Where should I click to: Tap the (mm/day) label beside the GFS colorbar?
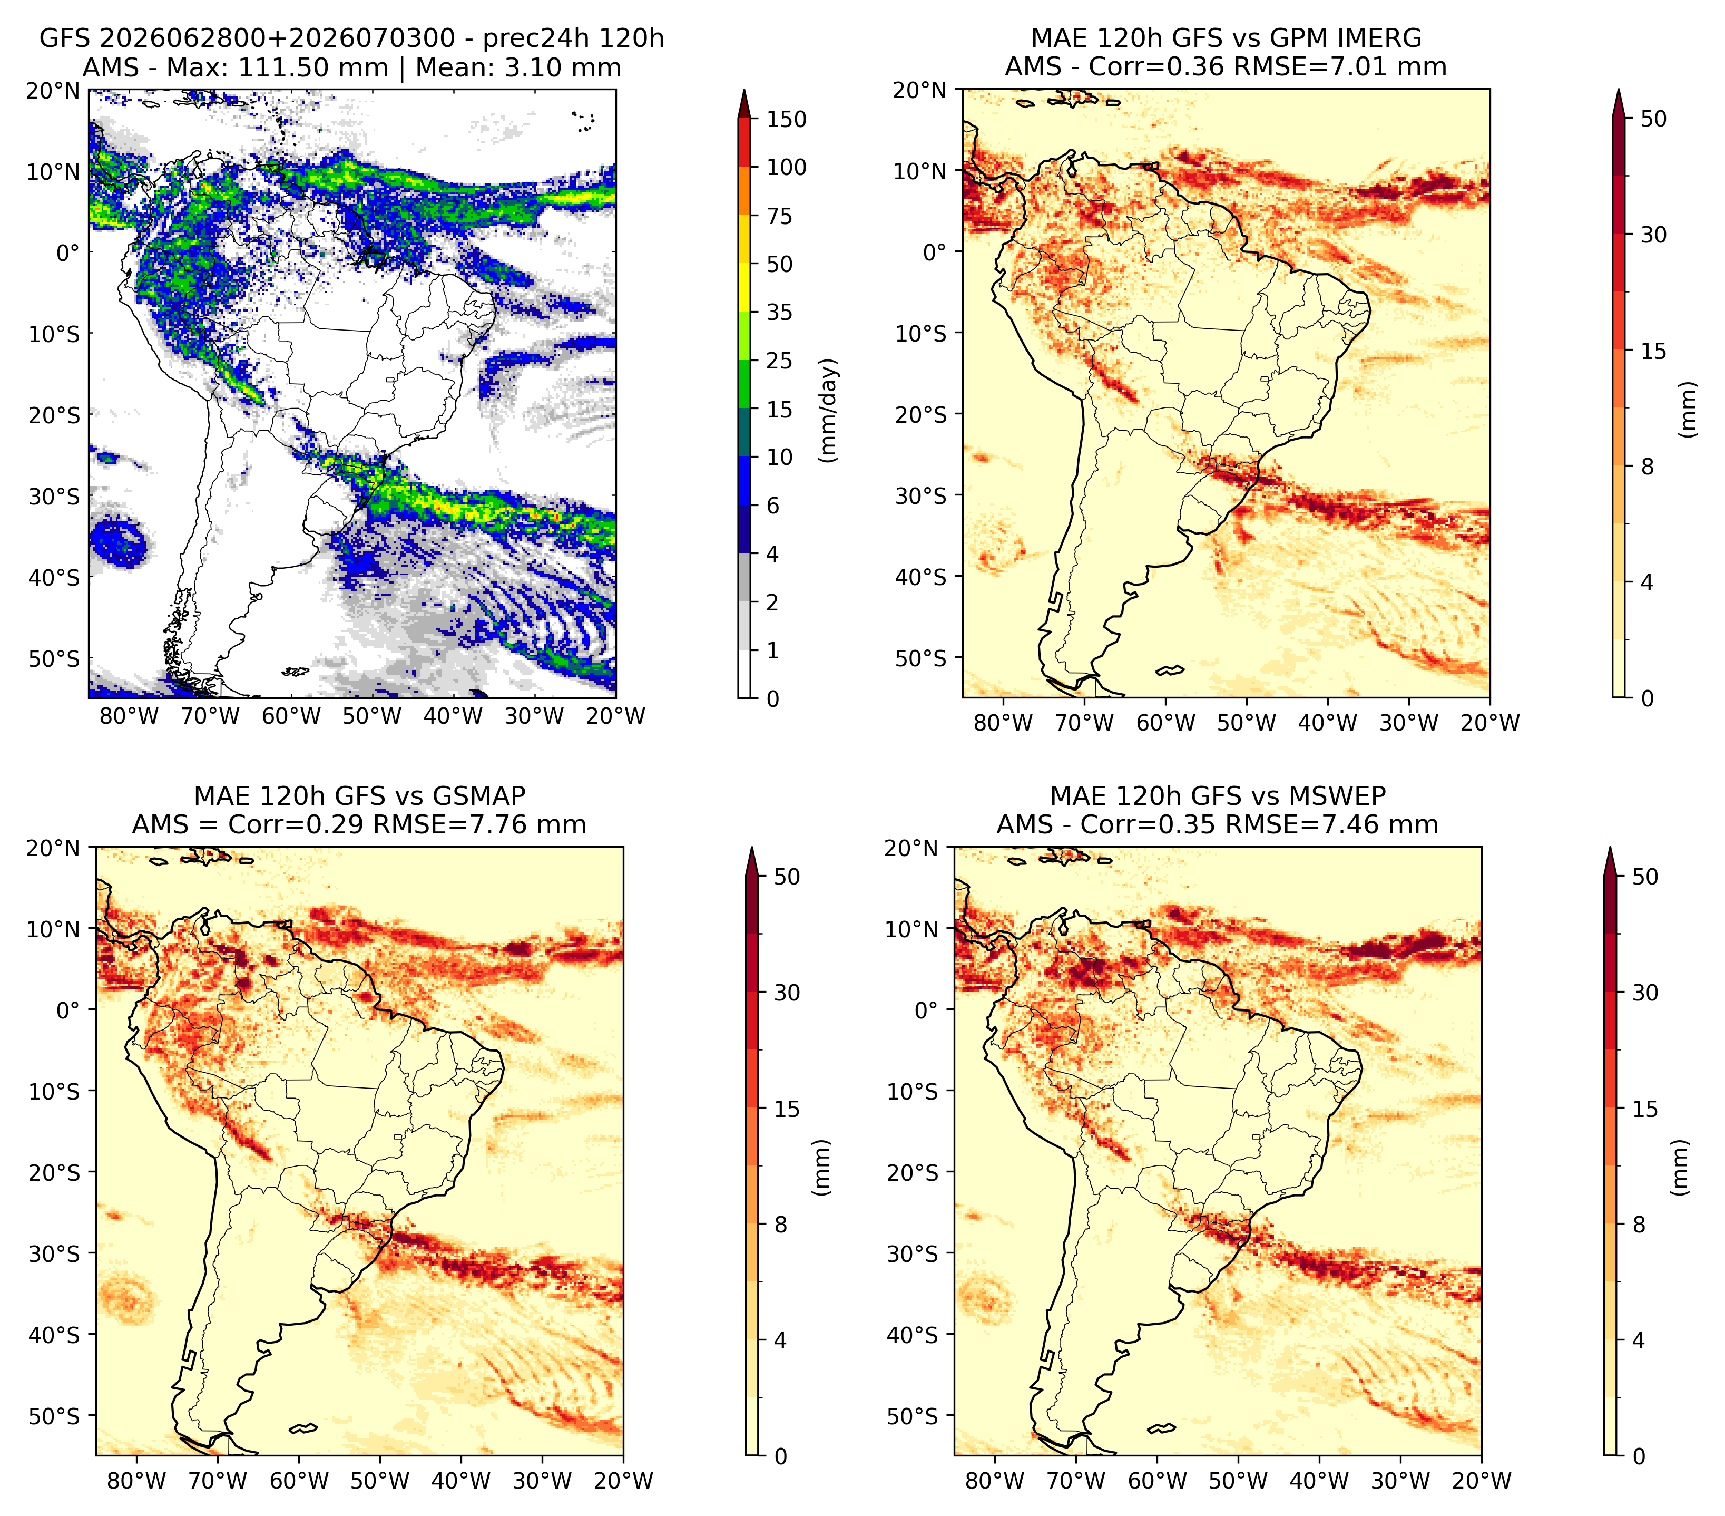click(x=830, y=410)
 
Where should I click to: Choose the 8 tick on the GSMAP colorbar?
click(x=781, y=1224)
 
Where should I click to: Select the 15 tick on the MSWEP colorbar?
click(x=1645, y=1109)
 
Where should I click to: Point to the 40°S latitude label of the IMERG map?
click(x=921, y=577)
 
